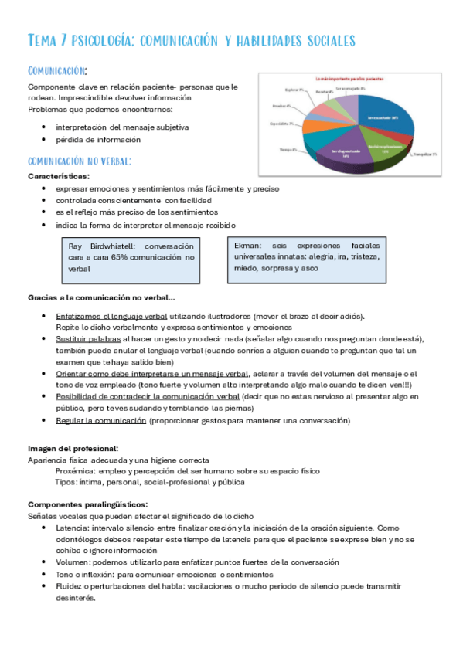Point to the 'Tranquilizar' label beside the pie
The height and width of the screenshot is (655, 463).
(424, 154)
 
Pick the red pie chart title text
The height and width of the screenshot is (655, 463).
(349, 79)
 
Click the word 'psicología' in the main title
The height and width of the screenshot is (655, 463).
(104, 39)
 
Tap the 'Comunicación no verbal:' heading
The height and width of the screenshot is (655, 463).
(79, 161)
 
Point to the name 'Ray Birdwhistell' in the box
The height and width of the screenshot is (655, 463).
(98, 246)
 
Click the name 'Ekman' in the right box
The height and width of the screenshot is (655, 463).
(248, 245)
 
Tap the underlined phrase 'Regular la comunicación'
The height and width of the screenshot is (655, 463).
(101, 420)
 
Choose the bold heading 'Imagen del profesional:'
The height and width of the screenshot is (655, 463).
(73, 448)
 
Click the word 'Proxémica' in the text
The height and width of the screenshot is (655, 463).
(75, 470)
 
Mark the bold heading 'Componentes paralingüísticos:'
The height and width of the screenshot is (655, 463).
(87, 504)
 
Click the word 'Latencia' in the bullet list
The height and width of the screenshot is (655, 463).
(73, 528)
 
